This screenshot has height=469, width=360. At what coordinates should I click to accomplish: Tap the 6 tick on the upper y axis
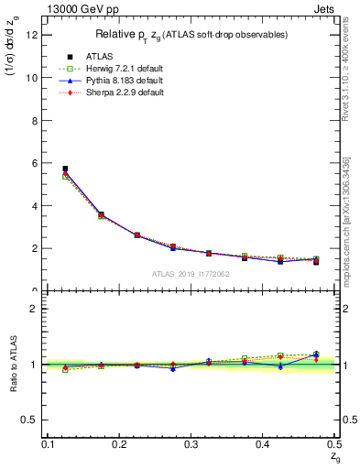(x=38, y=163)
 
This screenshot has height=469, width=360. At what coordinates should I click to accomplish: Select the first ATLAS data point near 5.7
(x=65, y=169)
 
